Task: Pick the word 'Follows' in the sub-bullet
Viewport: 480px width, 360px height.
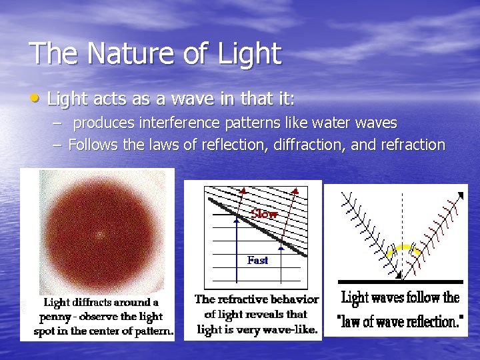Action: coord(93,145)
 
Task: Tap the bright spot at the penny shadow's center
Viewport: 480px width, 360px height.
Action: coord(100,235)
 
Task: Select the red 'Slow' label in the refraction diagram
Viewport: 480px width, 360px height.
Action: coord(264,214)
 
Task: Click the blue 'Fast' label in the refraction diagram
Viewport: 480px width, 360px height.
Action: coord(257,260)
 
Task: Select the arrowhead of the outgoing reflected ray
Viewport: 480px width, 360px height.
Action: coord(461,195)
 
